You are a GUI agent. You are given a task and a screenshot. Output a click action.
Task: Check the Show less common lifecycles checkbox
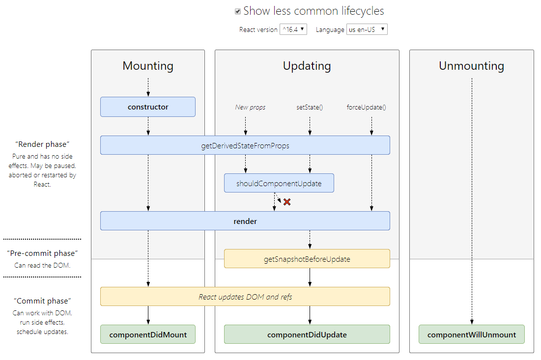[238, 11]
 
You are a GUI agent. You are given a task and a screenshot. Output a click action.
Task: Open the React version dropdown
[293, 29]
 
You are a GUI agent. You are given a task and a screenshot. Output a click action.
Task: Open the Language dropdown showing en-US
[367, 29]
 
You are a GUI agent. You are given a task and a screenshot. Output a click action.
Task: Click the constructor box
[148, 107]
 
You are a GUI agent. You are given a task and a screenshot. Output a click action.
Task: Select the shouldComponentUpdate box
[279, 183]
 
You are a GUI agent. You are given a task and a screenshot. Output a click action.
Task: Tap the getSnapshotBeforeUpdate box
[307, 259]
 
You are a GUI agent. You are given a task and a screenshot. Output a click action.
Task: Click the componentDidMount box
[148, 334]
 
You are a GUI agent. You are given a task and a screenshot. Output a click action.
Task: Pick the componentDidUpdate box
[307, 334]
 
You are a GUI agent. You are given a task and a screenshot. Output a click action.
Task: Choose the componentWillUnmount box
[472, 334]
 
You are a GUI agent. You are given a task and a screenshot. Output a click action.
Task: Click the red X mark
[287, 202]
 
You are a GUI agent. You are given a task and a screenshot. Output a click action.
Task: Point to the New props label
[250, 107]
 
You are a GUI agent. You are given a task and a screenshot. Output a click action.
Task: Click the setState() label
[310, 107]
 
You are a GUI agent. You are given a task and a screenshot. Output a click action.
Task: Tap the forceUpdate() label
[366, 107]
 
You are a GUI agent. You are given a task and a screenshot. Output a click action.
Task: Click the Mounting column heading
[148, 66]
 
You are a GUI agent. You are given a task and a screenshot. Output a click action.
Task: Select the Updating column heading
[307, 66]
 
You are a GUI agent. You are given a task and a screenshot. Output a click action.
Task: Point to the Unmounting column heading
[472, 66]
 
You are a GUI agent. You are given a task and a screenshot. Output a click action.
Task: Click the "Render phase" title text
[42, 144]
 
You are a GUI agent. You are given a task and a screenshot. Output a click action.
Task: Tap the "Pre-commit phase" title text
[42, 253]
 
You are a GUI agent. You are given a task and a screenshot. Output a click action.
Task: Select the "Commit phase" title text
[42, 301]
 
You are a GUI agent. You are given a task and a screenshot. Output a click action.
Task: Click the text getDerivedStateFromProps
[245, 145]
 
